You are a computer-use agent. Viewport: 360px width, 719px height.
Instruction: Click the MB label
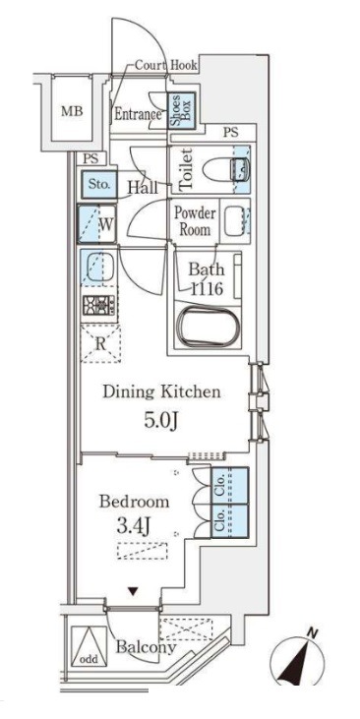pos(72,111)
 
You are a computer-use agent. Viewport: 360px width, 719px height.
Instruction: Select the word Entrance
pos(138,114)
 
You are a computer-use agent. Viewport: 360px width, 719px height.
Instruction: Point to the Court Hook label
pos(166,66)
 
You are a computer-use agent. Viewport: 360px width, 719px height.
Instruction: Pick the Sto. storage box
pos(99,184)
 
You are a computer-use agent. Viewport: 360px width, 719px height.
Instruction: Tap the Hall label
pos(143,187)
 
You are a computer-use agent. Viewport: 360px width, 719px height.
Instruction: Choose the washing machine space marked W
pos(96,224)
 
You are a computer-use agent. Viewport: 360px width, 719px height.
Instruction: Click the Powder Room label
pos(194,221)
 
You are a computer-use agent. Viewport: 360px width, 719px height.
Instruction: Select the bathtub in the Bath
pos(209,326)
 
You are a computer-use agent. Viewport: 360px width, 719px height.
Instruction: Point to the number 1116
pos(207,289)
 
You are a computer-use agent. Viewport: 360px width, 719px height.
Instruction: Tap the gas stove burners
pos(98,305)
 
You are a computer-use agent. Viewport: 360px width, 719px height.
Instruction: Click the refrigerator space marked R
pos(100,343)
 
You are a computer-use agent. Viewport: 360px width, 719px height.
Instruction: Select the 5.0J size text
pos(161,421)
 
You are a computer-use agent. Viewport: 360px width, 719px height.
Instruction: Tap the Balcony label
pos(146,647)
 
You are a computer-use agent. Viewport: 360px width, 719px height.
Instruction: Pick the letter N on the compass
pos(312,634)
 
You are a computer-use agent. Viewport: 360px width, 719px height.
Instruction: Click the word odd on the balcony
pos(90,659)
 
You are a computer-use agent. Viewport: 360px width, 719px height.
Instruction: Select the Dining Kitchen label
pos(161,392)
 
